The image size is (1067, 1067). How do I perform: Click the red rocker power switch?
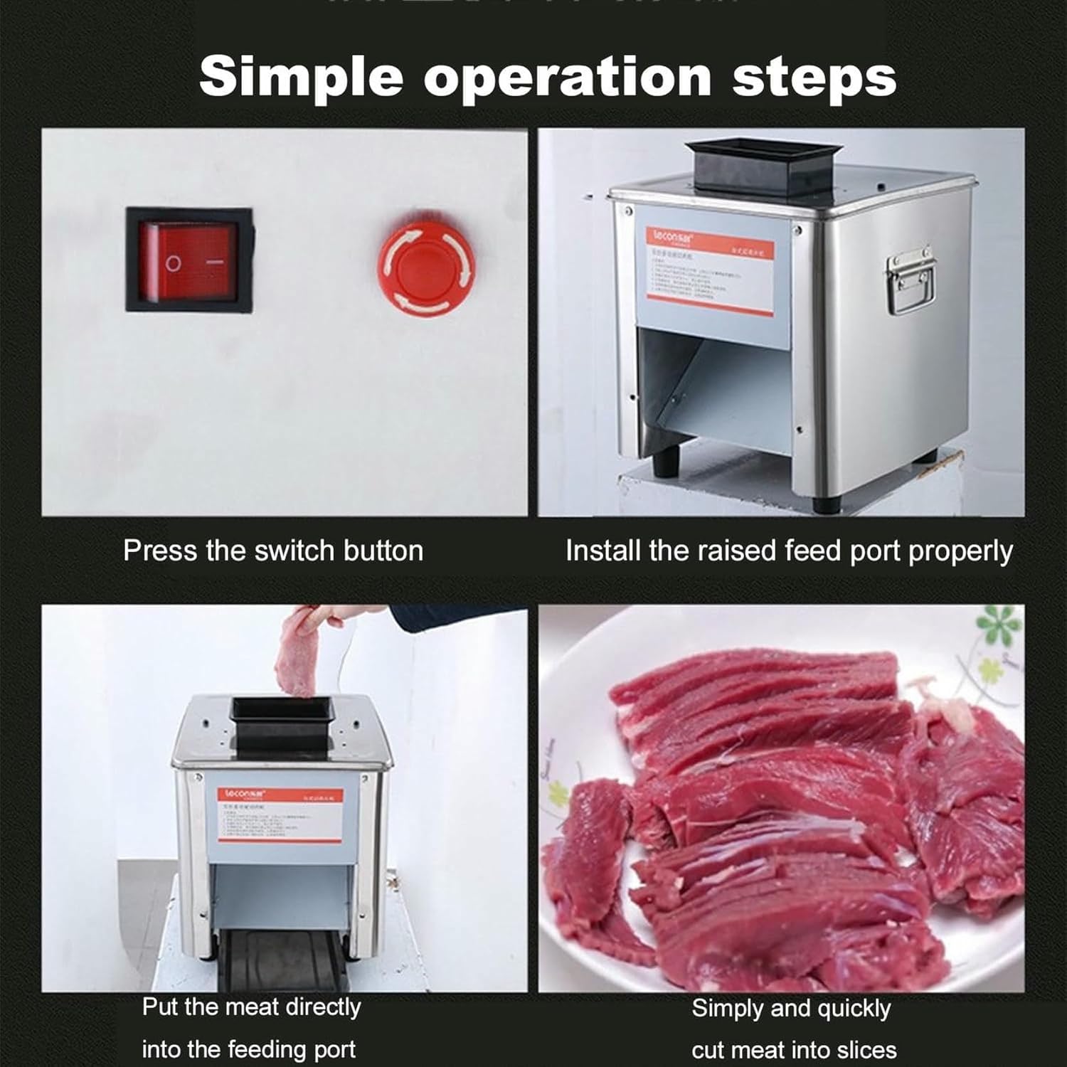(189, 260)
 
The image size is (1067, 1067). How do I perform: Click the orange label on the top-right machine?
(710, 271)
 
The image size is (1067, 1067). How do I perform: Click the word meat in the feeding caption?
(259, 1007)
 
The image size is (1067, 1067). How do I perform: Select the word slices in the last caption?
(863, 1050)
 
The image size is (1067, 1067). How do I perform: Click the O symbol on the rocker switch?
(173, 263)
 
